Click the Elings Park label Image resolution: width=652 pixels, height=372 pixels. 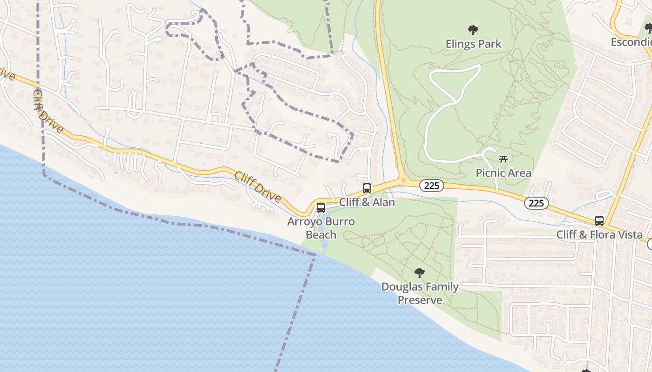[473, 44]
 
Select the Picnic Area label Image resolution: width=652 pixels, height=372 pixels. [503, 173]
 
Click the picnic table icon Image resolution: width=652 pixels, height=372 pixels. [503, 159]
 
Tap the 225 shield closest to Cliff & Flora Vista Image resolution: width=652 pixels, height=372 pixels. [536, 203]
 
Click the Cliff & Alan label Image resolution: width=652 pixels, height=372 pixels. [367, 202]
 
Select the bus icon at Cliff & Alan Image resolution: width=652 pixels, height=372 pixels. [367, 188]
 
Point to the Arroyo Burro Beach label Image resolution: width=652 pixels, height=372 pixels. [321, 228]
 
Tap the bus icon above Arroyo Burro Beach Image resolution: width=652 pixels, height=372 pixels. [321, 208]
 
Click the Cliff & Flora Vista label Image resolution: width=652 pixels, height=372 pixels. [599, 235]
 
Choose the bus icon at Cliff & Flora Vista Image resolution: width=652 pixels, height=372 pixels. [599, 221]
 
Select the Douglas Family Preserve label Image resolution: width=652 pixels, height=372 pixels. [420, 293]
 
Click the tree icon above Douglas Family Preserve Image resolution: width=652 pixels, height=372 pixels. [420, 273]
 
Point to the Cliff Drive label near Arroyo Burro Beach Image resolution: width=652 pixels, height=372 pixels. [258, 187]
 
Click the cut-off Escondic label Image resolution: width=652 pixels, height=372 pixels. [632, 42]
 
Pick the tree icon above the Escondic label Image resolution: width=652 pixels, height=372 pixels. [648, 29]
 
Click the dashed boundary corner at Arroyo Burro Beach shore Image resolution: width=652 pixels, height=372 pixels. [315, 254]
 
